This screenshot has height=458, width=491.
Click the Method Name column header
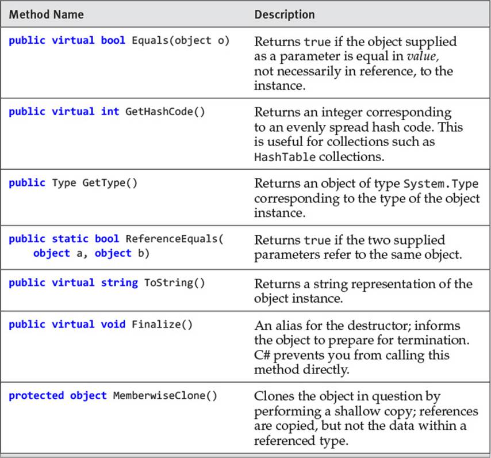tap(47, 14)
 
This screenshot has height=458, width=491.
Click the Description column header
tap(285, 15)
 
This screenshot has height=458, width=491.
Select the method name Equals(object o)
tap(181, 41)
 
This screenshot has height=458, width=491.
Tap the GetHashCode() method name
tap(165, 112)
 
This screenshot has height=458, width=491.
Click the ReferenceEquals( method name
tap(174, 239)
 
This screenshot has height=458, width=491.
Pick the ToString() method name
tap(174, 283)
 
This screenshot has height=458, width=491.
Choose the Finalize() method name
tap(162, 325)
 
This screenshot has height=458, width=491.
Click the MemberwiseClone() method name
tap(165, 396)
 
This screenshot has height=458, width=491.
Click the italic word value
tap(423, 56)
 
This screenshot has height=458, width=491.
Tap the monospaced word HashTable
tap(285, 157)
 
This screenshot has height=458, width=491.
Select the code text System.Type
tap(441, 184)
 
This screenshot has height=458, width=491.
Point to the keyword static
tap(70, 239)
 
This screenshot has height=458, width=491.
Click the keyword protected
tap(36, 396)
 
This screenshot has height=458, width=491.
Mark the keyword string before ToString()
tap(119, 283)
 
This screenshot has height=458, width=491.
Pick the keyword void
tap(113, 325)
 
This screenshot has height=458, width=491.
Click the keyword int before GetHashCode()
tap(110, 112)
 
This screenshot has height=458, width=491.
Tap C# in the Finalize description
tap(262, 355)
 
